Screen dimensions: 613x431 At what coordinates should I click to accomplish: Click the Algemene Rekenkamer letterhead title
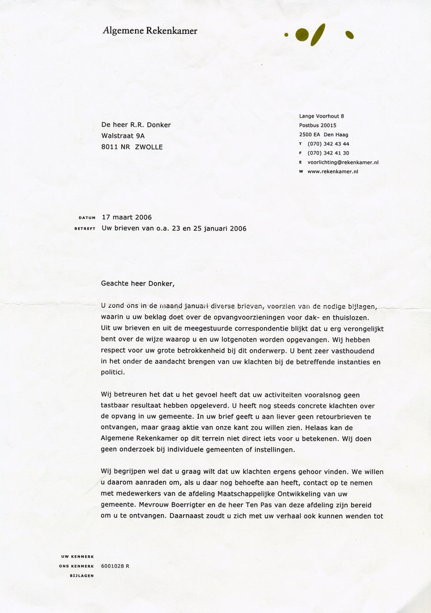tap(150, 31)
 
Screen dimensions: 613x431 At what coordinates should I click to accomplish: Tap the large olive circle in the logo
tap(302, 34)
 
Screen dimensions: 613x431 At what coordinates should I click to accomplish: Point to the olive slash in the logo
tap(318, 34)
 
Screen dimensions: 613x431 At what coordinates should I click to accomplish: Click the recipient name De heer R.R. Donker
tap(136, 125)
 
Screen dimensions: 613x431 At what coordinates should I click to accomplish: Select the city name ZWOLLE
tap(148, 147)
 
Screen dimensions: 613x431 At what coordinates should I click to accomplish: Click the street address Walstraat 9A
tap(123, 136)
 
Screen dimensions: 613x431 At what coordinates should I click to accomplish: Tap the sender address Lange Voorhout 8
tap(321, 116)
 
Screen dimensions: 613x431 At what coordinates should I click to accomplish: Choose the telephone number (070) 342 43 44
tap(328, 144)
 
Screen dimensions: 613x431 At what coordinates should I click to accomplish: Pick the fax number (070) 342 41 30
tap(328, 153)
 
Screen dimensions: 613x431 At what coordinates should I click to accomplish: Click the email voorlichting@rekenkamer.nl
tap(343, 162)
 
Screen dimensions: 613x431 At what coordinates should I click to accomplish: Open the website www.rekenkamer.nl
tap(333, 171)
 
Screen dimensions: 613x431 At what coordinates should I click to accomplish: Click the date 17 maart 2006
tap(127, 218)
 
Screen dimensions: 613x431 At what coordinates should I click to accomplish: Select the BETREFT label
tap(86, 229)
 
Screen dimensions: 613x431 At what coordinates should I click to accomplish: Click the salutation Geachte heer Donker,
tap(138, 283)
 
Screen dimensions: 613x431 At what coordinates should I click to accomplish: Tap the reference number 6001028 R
tap(115, 566)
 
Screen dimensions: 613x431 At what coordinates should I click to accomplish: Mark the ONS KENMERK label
tap(79, 566)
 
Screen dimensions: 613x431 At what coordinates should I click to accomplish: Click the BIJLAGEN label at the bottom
tap(82, 576)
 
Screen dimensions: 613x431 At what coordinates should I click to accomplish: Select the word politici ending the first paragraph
tap(113, 372)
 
